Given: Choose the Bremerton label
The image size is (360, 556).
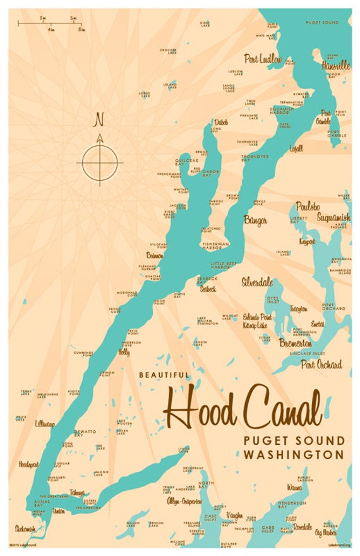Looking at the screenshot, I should [295, 343].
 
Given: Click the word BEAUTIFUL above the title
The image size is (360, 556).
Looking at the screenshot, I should [163, 375].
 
